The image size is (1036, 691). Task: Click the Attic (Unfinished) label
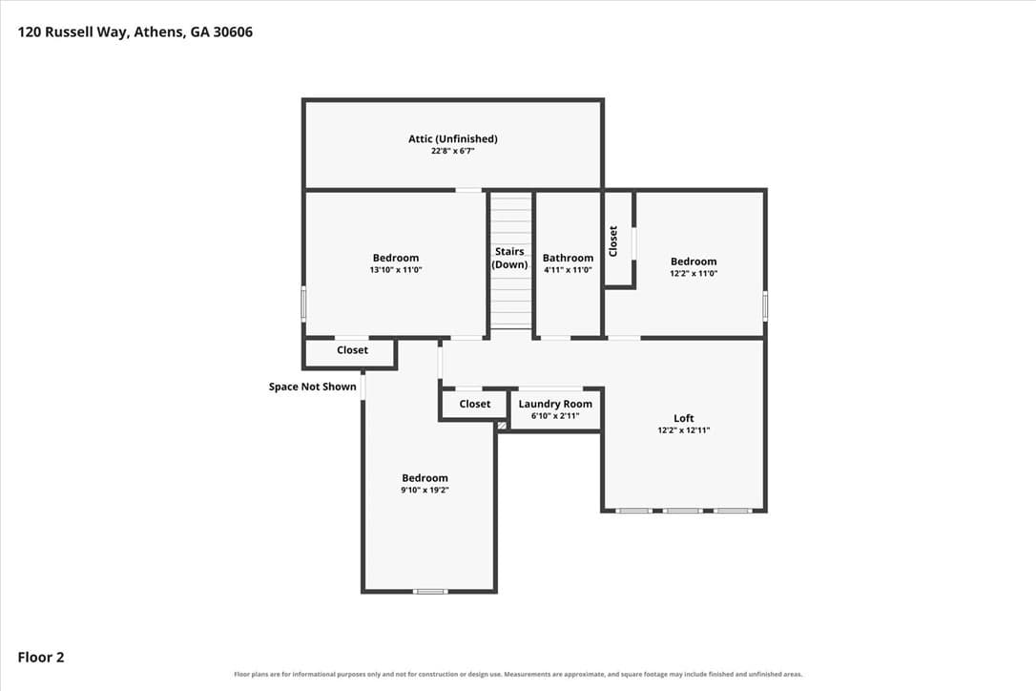(x=452, y=138)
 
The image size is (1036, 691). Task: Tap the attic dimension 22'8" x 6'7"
(x=452, y=151)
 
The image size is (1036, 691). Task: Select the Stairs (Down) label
(x=509, y=258)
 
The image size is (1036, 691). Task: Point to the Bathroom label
(x=568, y=258)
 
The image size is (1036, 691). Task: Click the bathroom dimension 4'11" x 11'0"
(x=568, y=270)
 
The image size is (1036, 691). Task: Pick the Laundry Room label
(x=555, y=404)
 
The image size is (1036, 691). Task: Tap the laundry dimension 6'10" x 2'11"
(x=555, y=416)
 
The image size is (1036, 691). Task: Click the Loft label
(x=684, y=418)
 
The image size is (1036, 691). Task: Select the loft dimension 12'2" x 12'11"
(x=684, y=429)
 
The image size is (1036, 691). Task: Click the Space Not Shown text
(x=312, y=387)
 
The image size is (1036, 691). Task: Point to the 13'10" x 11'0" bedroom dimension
(x=396, y=270)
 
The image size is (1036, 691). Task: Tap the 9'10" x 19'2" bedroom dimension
(x=425, y=490)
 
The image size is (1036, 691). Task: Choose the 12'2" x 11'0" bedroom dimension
(x=694, y=273)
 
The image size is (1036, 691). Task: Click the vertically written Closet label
(x=612, y=241)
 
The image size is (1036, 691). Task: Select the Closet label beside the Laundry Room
(x=474, y=404)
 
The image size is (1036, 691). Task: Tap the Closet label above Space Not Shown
(x=352, y=350)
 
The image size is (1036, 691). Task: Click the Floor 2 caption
(x=41, y=658)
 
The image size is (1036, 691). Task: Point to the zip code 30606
(x=233, y=31)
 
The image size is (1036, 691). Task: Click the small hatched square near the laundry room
(x=502, y=426)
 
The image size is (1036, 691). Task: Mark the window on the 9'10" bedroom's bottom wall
(x=430, y=591)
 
